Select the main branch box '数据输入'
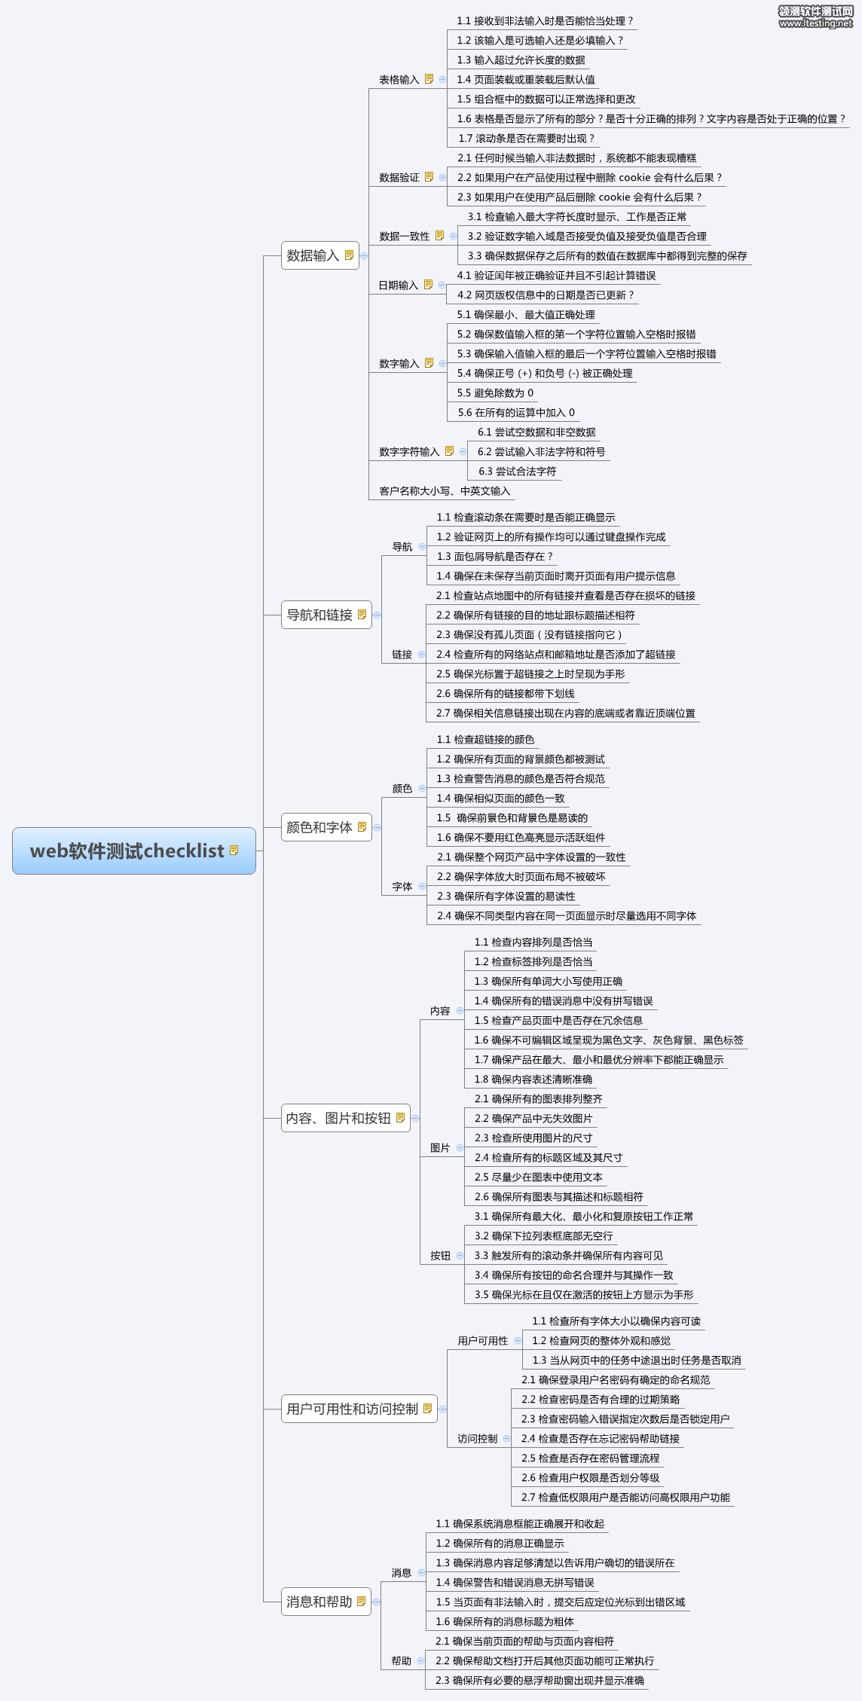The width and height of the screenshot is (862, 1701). tap(319, 255)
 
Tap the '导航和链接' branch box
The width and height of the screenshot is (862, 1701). tap(326, 615)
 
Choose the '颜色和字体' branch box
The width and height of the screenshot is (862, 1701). tap(326, 827)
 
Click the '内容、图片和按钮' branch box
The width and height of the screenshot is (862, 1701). tap(346, 1118)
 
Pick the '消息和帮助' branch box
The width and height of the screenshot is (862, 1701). tap(326, 1602)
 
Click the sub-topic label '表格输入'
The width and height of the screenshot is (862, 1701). tap(399, 80)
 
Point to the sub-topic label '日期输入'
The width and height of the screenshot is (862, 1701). tap(398, 286)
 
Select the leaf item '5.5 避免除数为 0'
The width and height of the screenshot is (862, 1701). tap(495, 393)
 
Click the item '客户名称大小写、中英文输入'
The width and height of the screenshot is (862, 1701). tap(445, 491)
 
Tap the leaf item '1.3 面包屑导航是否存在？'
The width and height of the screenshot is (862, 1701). tap(494, 557)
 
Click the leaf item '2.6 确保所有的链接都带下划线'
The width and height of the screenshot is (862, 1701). tap(505, 694)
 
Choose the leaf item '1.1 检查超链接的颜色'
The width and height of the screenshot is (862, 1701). tap(485, 740)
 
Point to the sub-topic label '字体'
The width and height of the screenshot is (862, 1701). tap(402, 887)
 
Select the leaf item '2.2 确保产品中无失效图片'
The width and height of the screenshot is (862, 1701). tap(533, 1119)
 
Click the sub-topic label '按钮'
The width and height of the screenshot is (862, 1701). tap(440, 1256)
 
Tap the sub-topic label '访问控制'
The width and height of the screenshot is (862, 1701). tap(477, 1439)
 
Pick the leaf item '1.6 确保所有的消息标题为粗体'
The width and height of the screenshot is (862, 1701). tap(504, 1622)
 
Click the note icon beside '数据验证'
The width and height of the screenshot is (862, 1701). tap(429, 177)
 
